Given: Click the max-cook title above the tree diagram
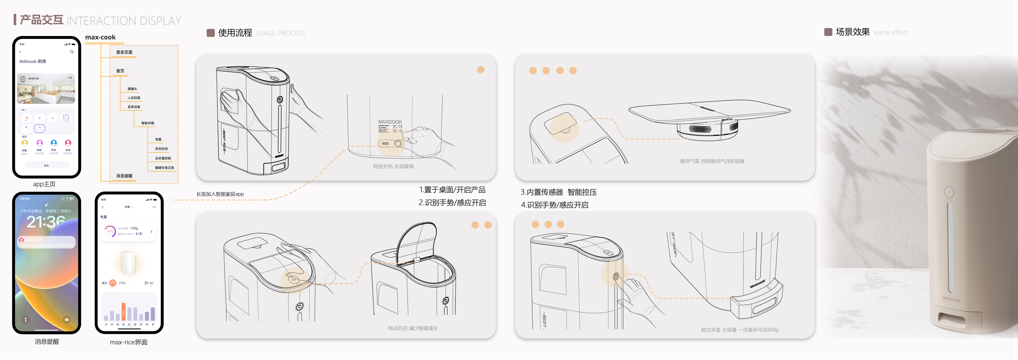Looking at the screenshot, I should pyautogui.click(x=100, y=37).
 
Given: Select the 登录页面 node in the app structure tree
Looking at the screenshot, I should pyautogui.click(x=124, y=52).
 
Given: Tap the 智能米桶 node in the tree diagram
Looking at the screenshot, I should pyautogui.click(x=148, y=123).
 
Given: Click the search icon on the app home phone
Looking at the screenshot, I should pyautogui.click(x=72, y=52).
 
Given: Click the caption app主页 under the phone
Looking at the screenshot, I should pyautogui.click(x=44, y=184).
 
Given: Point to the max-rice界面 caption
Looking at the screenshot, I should pyautogui.click(x=128, y=342).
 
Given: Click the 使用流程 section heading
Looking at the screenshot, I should pyautogui.click(x=235, y=33).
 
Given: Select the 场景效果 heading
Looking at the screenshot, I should pyautogui.click(x=852, y=32).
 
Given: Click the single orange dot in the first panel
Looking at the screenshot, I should pyautogui.click(x=480, y=70).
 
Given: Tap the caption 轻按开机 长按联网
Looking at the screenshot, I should pyautogui.click(x=393, y=166).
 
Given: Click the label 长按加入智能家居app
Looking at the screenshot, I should pyautogui.click(x=220, y=194).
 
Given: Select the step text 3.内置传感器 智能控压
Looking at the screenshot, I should pyautogui.click(x=558, y=192).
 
